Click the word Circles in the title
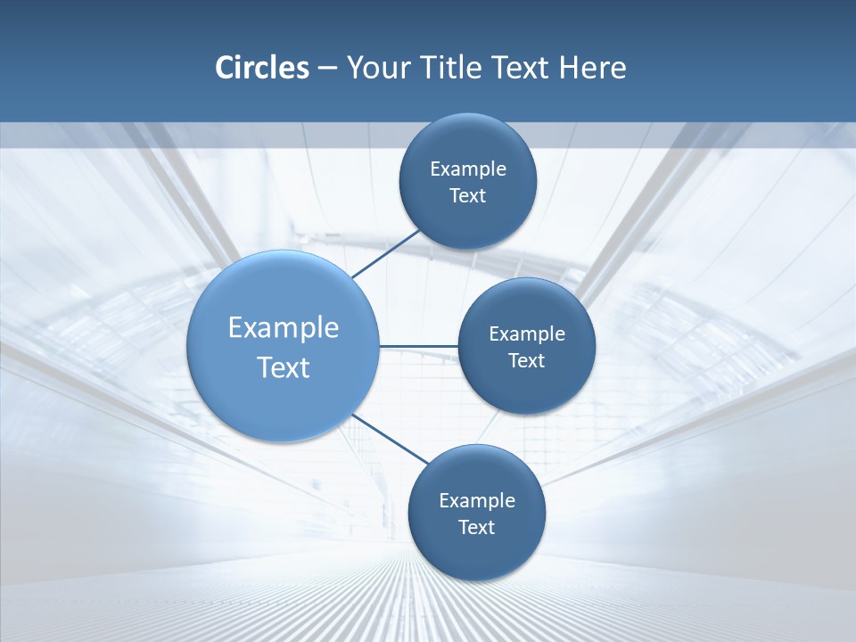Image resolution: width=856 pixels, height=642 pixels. (x=261, y=68)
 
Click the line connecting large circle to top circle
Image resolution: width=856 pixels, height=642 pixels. (x=386, y=253)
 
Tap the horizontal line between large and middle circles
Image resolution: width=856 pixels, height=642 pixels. (x=418, y=346)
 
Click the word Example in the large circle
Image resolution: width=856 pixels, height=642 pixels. (x=284, y=328)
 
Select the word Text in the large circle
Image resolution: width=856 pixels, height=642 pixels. (x=284, y=367)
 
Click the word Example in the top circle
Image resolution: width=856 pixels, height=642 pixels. (x=467, y=169)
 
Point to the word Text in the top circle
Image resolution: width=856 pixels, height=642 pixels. (x=467, y=196)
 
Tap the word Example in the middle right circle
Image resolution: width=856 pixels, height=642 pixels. (x=526, y=334)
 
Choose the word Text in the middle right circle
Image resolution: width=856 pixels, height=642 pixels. (x=526, y=361)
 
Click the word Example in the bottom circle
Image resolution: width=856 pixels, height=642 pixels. (x=476, y=501)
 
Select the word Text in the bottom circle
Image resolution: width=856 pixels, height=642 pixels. (x=476, y=528)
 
